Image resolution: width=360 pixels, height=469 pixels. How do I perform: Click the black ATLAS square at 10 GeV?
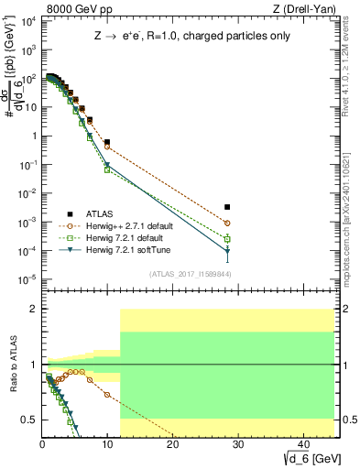point(107,142)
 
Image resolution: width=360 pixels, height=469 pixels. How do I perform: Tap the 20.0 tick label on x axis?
point(172,444)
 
